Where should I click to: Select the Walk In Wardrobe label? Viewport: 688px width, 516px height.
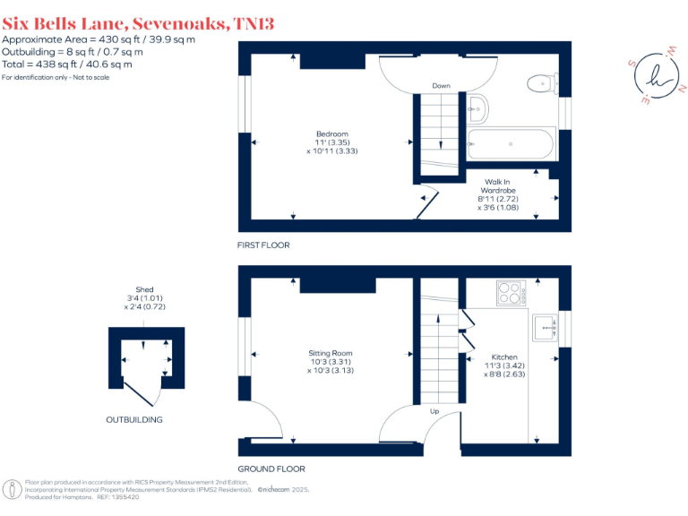506,194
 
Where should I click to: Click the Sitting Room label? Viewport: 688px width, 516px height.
331,361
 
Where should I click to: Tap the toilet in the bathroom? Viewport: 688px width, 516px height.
539,83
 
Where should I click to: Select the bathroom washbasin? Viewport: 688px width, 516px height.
477,108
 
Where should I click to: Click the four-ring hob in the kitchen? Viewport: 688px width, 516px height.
510,293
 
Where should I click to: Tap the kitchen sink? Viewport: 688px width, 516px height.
544,328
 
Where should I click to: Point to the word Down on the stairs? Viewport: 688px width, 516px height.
441,86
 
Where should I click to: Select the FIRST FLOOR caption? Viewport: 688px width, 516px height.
263,245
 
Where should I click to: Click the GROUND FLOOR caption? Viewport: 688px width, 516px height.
271,469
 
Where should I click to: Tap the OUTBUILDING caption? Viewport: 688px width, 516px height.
134,419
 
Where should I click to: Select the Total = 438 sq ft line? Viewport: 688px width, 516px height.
67,64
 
